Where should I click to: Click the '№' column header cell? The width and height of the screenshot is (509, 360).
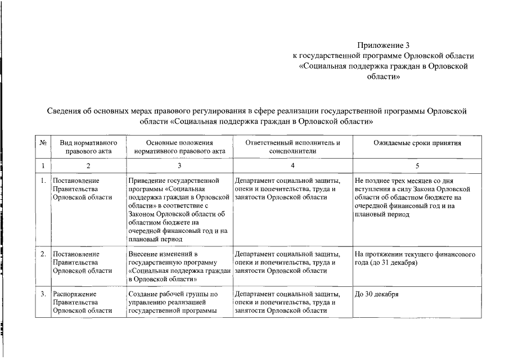43,143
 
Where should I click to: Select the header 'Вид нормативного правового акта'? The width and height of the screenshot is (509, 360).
88,147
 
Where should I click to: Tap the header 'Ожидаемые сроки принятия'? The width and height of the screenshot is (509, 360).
417,143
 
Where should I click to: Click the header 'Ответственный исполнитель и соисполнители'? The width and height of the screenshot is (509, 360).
292,147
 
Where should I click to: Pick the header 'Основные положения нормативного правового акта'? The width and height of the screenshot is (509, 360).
179,147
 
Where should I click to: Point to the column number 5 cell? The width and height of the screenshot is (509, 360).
417,166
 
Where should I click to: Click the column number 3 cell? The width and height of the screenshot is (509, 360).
179,166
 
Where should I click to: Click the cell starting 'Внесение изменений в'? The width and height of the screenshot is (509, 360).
179,266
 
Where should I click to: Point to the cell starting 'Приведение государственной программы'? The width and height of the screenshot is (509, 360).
179,210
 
